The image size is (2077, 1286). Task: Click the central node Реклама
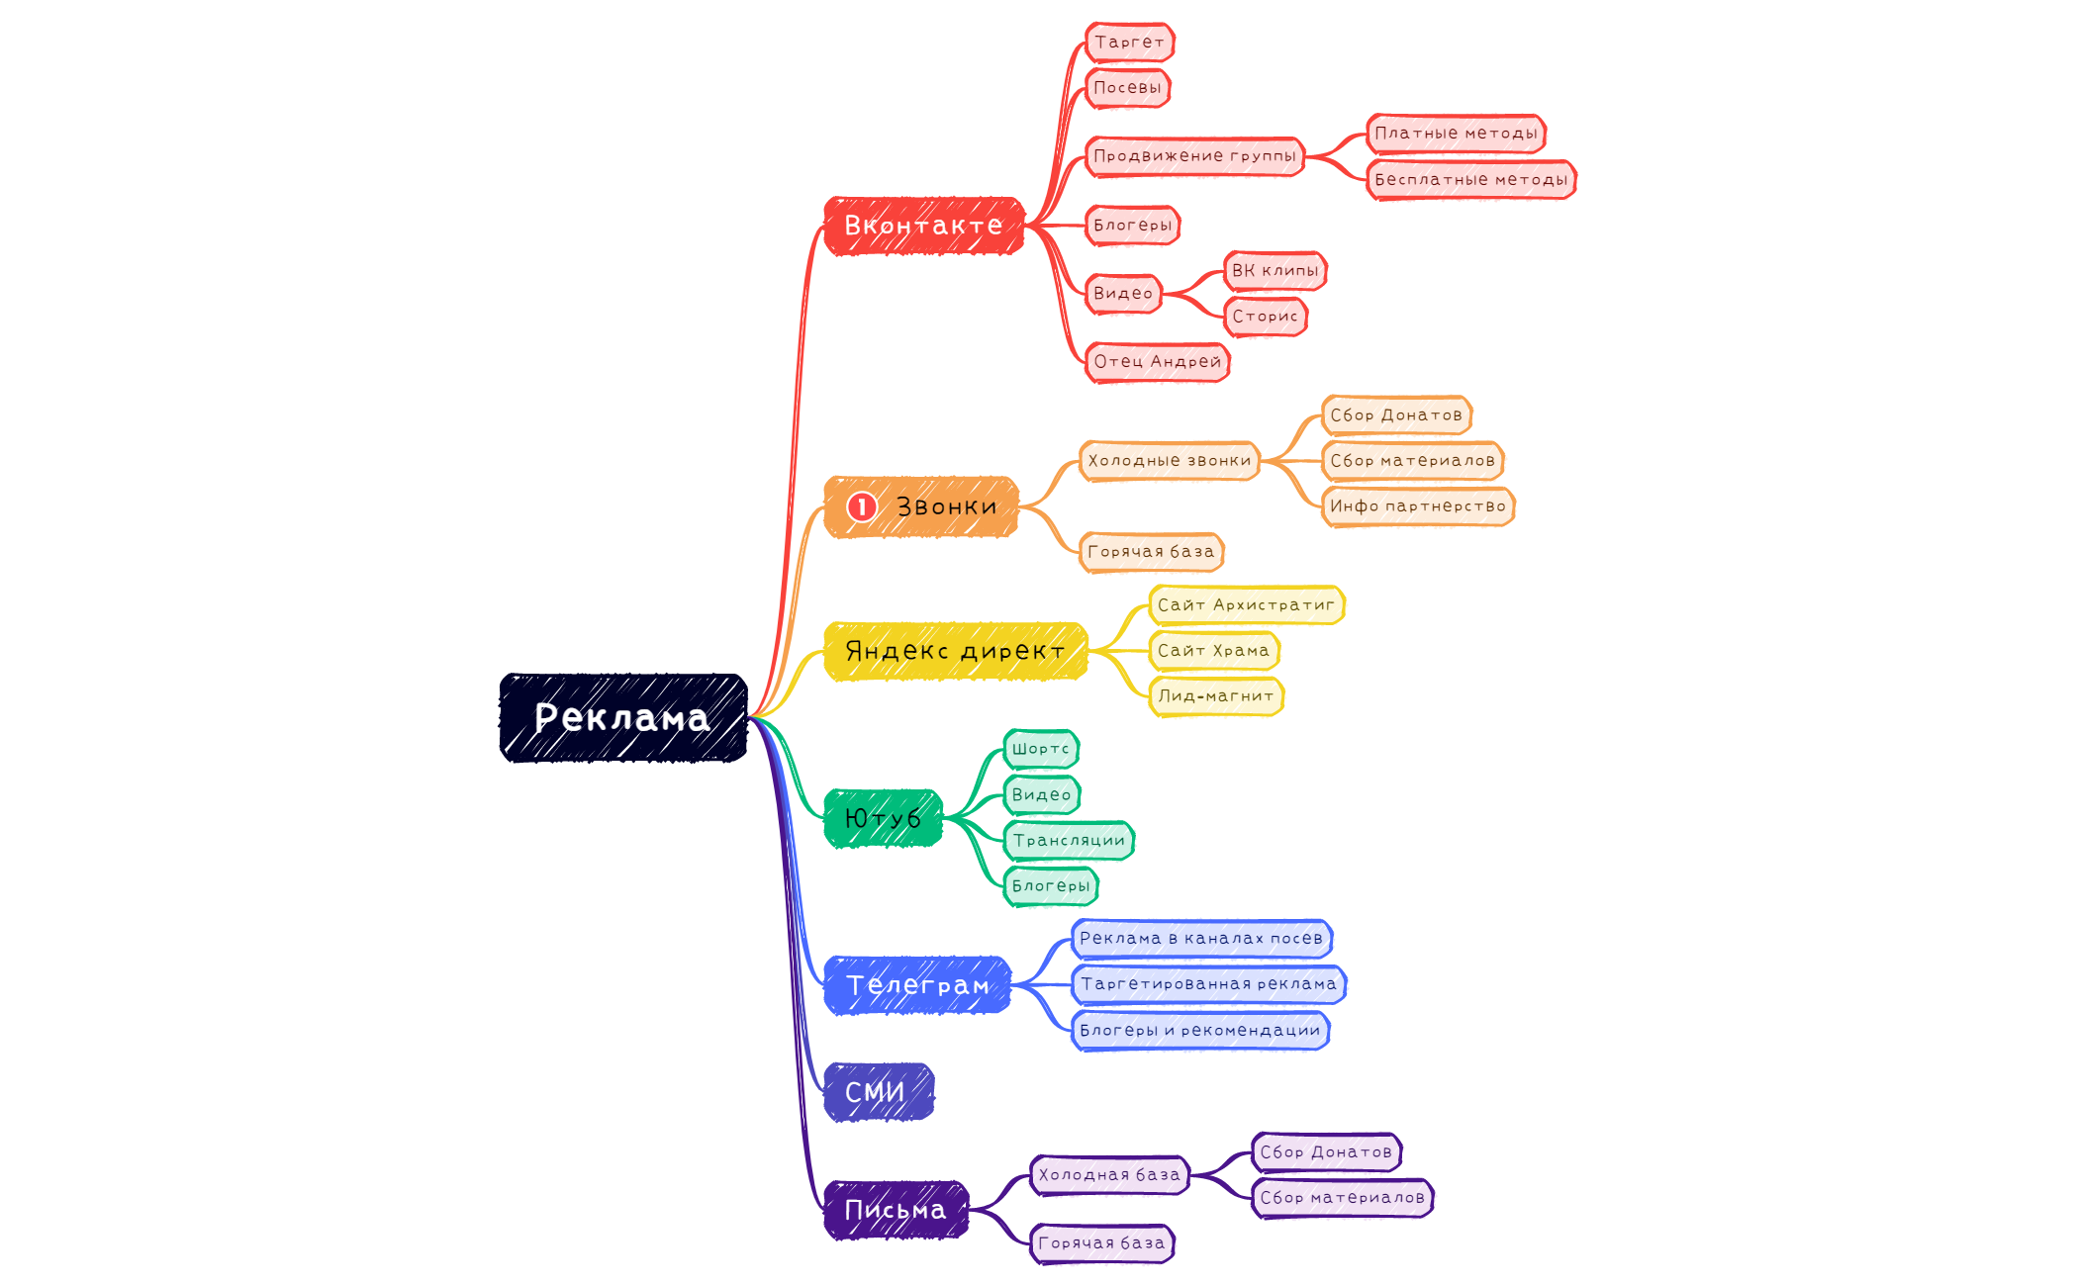coord(623,717)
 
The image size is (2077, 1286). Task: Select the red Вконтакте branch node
coord(924,226)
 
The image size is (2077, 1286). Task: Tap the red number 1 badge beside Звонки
coord(862,506)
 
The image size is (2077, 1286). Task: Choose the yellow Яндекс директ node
coord(956,651)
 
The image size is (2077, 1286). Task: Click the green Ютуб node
coord(883,818)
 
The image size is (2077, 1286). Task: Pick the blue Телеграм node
coord(917,985)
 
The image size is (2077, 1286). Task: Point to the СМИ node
coord(879,1092)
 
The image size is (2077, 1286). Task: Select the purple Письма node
coord(896,1210)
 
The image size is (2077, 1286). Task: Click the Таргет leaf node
coord(1130,43)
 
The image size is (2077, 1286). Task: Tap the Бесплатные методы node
coord(1471,180)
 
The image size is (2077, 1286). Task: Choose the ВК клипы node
coord(1275,271)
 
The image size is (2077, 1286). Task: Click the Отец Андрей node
coord(1158,362)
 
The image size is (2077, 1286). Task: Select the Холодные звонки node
coord(1170,461)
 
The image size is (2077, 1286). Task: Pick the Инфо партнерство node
coord(1418,506)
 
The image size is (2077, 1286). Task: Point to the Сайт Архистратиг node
coord(1247,605)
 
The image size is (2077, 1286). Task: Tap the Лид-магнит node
coord(1216,696)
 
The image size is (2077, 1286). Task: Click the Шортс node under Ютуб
coord(1041,749)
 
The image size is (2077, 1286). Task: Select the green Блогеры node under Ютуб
coord(1051,886)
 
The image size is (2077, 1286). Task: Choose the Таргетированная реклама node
coord(1209,984)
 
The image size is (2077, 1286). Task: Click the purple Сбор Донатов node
coord(1326,1152)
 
